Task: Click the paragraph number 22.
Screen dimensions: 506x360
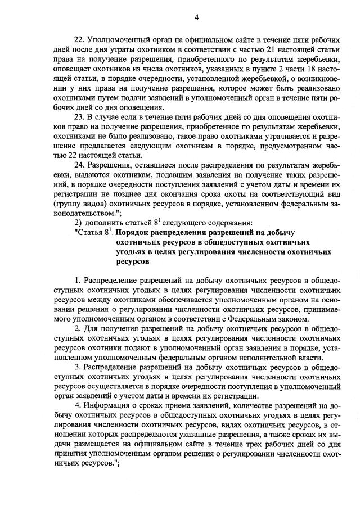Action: pos(79,39)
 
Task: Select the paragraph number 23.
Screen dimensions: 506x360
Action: pos(79,117)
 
